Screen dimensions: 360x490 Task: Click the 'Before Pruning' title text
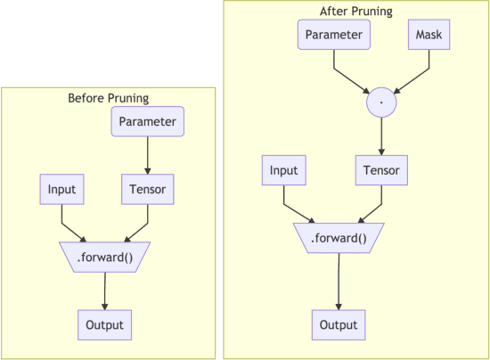pos(108,98)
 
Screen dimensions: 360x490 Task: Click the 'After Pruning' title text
pos(355,12)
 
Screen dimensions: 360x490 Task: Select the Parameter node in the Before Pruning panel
pos(147,122)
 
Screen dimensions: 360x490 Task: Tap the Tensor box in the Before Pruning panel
pos(147,189)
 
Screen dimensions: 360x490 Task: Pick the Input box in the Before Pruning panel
pos(61,189)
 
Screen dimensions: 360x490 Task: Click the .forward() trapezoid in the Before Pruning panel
pos(104,257)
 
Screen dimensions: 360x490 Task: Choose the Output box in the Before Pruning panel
pos(104,324)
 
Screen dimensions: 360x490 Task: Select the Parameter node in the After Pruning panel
pos(334,35)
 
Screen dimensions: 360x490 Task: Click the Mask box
pos(430,35)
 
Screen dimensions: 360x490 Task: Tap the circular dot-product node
pos(381,103)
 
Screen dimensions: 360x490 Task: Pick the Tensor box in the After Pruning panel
pos(381,170)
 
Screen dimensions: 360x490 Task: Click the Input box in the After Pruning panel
pos(283,170)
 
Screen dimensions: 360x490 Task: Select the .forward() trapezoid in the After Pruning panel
pos(338,238)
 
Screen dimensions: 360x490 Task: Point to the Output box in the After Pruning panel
pos(338,324)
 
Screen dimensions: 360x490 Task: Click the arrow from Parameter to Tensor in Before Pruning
pos(147,155)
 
